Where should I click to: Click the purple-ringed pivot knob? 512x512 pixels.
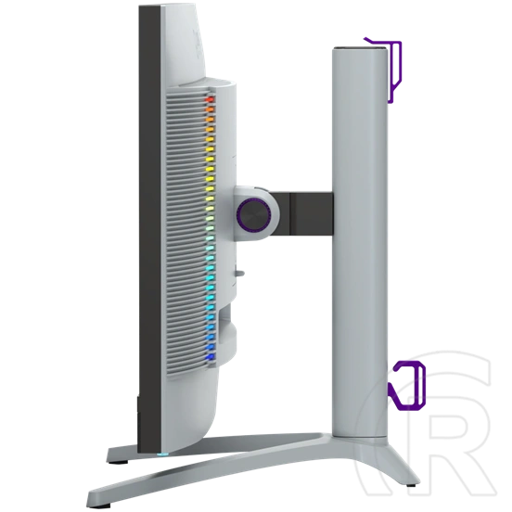[253, 214]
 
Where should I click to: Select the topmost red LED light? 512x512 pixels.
[210, 99]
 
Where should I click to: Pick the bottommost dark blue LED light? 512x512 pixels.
[210, 356]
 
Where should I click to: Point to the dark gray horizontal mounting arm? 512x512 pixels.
[302, 213]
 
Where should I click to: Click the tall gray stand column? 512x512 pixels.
[360, 242]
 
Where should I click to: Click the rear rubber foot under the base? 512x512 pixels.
[411, 484]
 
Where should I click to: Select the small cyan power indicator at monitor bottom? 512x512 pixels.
[163, 454]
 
